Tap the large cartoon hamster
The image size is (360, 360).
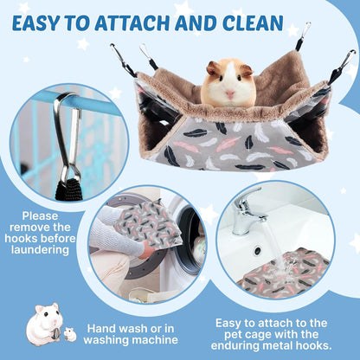tap(42, 324)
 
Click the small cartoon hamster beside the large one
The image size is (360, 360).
tap(70, 334)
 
